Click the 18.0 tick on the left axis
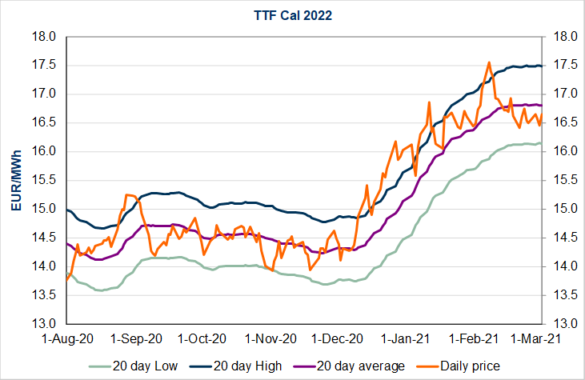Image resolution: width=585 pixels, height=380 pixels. (x=45, y=37)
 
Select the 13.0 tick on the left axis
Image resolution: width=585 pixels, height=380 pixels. (x=45, y=324)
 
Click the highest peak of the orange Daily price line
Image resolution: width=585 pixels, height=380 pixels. (x=488, y=62)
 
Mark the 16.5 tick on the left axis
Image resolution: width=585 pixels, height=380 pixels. (x=45, y=123)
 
